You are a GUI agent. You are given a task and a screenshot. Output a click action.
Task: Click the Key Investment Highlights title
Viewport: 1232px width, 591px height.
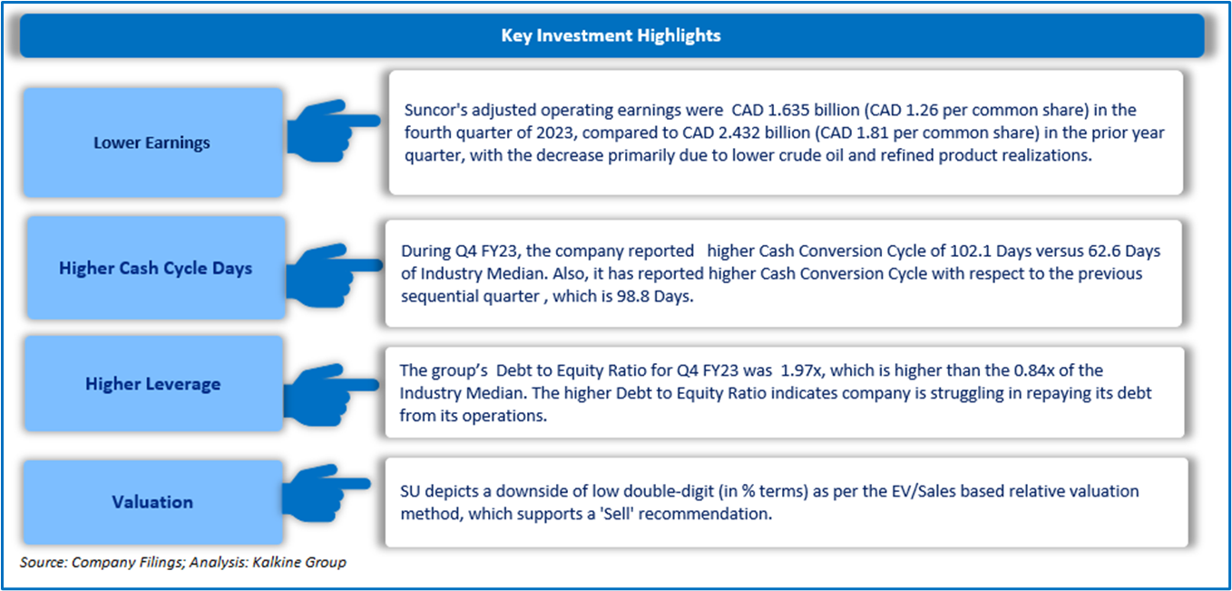611,35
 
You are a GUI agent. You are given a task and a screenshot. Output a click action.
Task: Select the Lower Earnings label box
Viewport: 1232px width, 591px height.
153,143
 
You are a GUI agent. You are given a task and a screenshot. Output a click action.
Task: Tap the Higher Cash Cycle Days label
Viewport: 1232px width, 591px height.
156,268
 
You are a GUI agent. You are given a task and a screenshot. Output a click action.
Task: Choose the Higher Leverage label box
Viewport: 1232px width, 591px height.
153,383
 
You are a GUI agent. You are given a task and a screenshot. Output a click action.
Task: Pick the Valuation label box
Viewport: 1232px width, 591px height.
153,502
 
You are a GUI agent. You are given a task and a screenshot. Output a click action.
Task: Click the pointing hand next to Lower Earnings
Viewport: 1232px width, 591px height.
333,131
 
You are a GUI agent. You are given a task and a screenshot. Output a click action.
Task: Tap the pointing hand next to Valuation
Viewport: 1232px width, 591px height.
327,493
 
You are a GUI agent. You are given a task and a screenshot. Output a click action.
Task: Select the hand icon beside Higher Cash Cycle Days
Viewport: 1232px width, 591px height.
335,275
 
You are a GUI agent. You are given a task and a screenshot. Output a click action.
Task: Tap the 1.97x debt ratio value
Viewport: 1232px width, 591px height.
801,370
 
